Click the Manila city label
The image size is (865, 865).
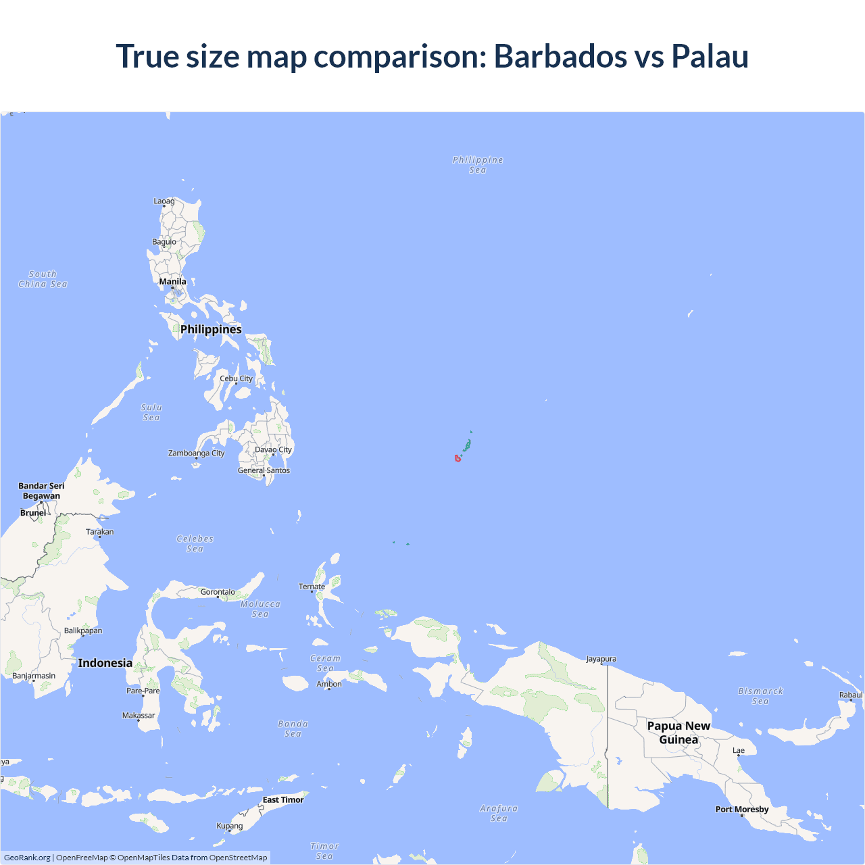pos(172,282)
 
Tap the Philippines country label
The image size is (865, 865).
pos(211,330)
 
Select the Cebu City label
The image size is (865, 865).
pos(236,378)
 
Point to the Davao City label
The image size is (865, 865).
pos(273,449)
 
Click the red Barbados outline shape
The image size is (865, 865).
pos(458,459)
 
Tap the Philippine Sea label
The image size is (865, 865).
pos(478,165)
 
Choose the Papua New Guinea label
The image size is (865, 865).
pos(678,733)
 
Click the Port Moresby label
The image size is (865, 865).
pos(742,810)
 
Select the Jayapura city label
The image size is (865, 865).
pos(601,659)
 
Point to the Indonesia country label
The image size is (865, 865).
pos(105,663)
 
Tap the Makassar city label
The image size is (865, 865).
pos(139,716)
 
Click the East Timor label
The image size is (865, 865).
pos(283,800)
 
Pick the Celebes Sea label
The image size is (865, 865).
pos(195,544)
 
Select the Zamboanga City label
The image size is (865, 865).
pos(196,453)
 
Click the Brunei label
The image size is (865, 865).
pos(33,513)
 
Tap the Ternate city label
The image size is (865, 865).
pos(312,587)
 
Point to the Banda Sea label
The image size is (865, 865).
pos(293,728)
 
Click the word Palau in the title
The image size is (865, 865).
pos(710,56)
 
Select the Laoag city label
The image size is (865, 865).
pos(164,201)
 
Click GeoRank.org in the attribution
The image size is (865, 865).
pos(27,858)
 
